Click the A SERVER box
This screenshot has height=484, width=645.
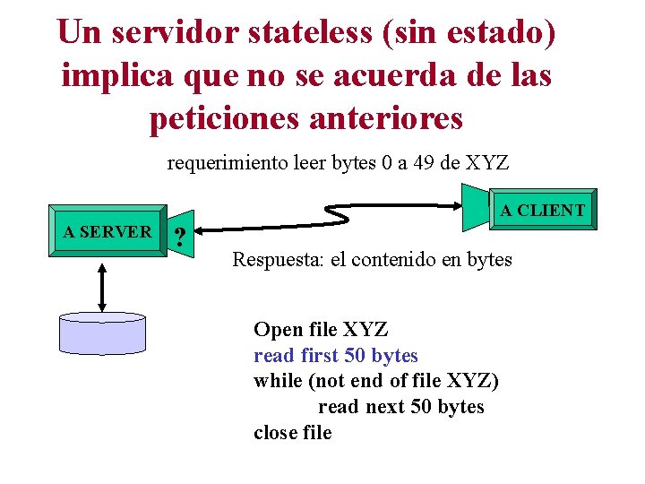coord(107,232)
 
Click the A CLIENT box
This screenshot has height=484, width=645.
coord(542,212)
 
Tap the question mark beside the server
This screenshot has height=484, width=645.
coord(181,238)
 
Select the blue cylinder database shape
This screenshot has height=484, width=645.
coord(101,333)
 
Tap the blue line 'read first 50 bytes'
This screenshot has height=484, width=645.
coord(336,355)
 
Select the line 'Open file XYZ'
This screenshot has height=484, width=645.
coord(320,329)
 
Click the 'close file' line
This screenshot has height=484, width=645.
coord(292,433)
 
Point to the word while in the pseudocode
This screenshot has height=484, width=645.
coord(278,381)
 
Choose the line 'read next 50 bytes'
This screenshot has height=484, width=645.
coord(400,407)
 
